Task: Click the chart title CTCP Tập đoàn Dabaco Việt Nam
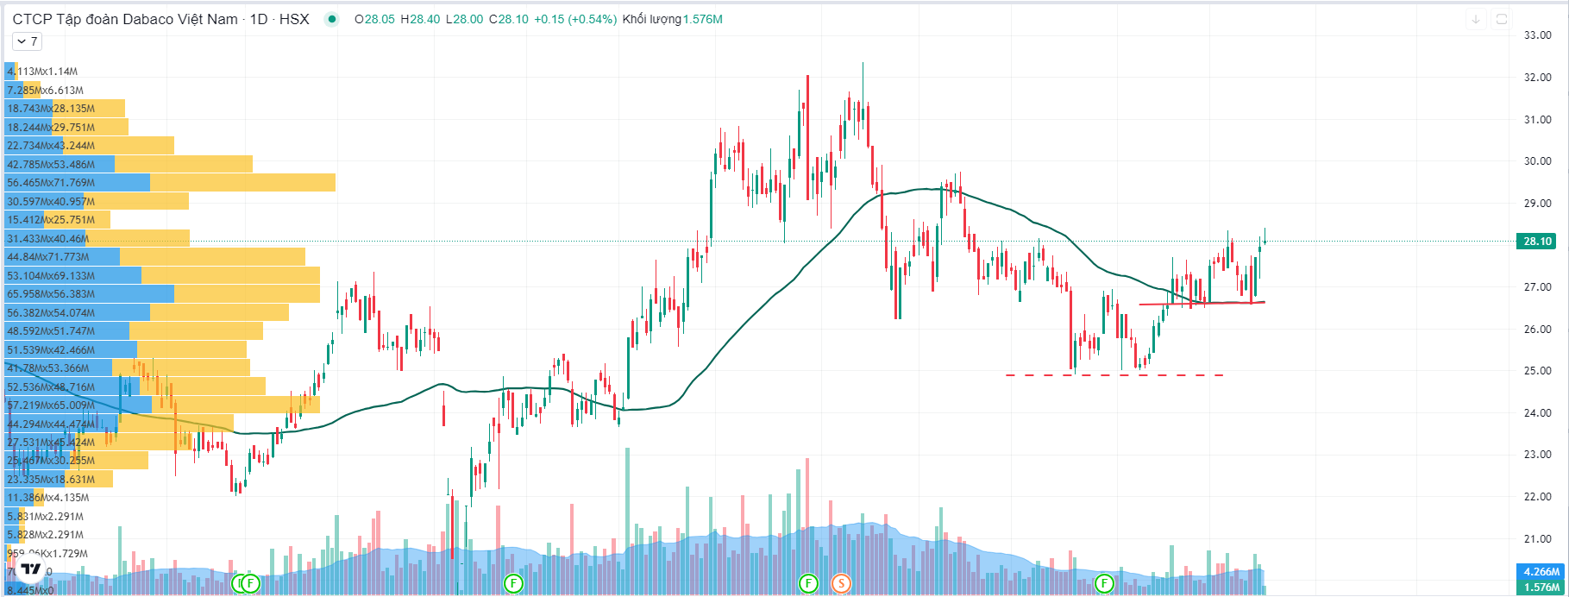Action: pyautogui.click(x=125, y=19)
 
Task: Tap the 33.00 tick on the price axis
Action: pyautogui.click(x=1538, y=35)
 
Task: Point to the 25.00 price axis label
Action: pyautogui.click(x=1538, y=371)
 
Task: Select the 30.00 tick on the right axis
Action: pyautogui.click(x=1538, y=161)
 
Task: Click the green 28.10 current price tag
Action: pyautogui.click(x=1537, y=242)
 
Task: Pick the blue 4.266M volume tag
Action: pyautogui.click(x=1541, y=571)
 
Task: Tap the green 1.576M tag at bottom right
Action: pyautogui.click(x=1541, y=588)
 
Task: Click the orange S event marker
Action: pyautogui.click(x=841, y=584)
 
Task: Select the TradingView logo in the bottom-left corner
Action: pyautogui.click(x=32, y=569)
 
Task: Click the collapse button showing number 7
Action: pyautogui.click(x=27, y=41)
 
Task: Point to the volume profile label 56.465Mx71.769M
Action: pyautogui.click(x=50, y=183)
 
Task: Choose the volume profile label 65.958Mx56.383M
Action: pyautogui.click(x=50, y=294)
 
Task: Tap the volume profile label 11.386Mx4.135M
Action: pyautogui.click(x=47, y=498)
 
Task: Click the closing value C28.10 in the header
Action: pyautogui.click(x=508, y=19)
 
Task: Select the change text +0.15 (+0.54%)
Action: pyautogui.click(x=575, y=19)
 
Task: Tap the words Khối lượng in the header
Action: pyautogui.click(x=651, y=19)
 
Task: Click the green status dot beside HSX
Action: pyautogui.click(x=331, y=19)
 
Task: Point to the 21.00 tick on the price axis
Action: pyautogui.click(x=1538, y=539)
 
